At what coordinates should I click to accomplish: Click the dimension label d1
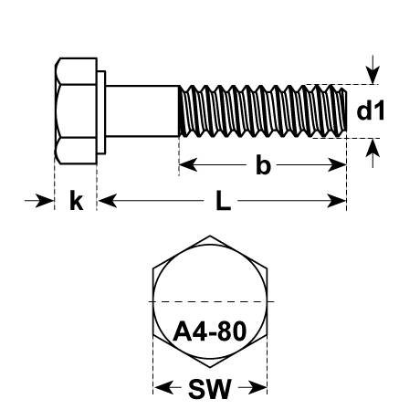click(x=370, y=110)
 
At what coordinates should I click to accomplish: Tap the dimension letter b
click(x=263, y=165)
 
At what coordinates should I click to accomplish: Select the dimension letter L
click(x=223, y=201)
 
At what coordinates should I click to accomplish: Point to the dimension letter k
click(x=76, y=200)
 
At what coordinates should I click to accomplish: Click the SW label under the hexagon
click(x=210, y=389)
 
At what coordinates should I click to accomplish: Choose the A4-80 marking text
click(x=210, y=331)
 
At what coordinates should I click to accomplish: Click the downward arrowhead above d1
click(x=373, y=75)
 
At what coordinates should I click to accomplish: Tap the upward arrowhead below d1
click(x=373, y=148)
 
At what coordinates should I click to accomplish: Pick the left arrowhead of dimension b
click(x=188, y=165)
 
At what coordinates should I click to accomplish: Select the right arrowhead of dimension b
click(x=337, y=165)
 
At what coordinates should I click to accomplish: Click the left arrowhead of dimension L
click(x=108, y=201)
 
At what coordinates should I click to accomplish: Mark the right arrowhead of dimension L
click(x=337, y=201)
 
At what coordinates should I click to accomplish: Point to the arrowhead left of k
click(x=45, y=201)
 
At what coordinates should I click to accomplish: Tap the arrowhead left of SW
click(x=163, y=388)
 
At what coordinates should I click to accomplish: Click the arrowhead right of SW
click(x=257, y=388)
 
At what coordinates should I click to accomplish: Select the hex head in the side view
click(x=76, y=111)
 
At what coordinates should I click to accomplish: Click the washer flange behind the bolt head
click(x=101, y=112)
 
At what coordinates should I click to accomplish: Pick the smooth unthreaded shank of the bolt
click(x=142, y=111)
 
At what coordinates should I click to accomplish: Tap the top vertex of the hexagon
click(x=210, y=236)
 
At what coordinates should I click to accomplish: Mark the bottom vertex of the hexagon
click(x=210, y=368)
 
